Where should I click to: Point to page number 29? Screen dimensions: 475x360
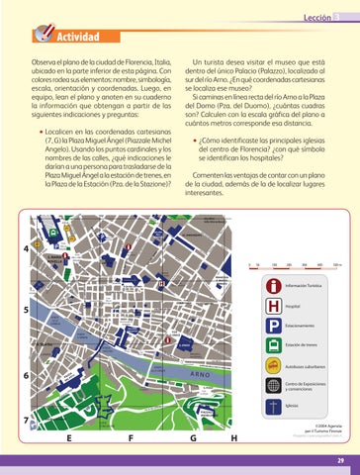pyautogui.click(x=339, y=460)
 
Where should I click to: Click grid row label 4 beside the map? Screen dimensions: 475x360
pyautogui.click(x=24, y=222)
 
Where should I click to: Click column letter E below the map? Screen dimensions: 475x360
pyautogui.click(x=68, y=438)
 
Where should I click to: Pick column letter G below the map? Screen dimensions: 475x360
pyautogui.click(x=192, y=438)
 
